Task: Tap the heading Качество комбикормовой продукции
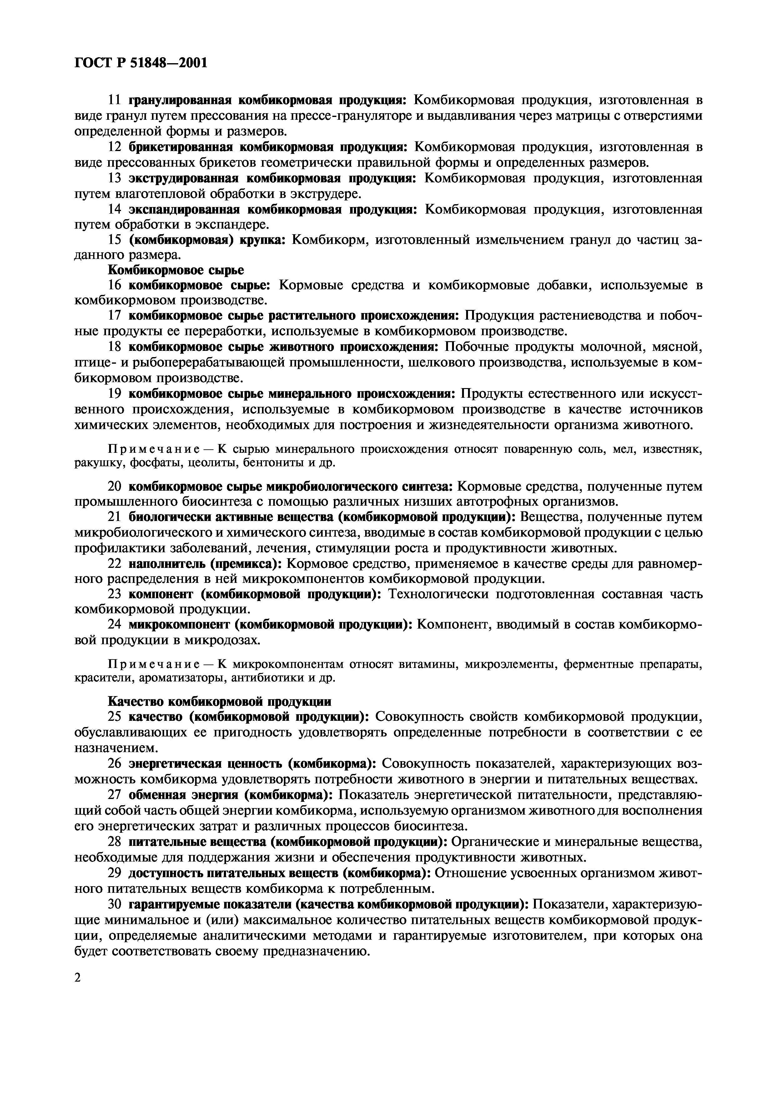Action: [220, 702]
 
